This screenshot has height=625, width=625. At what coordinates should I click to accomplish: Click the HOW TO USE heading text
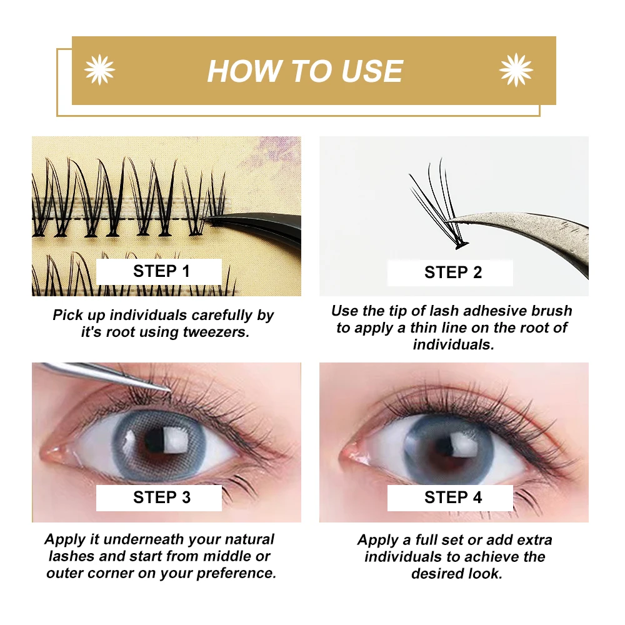(305, 71)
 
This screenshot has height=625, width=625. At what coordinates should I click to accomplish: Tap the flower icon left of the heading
(100, 69)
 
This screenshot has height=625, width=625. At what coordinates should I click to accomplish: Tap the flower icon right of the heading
(516, 69)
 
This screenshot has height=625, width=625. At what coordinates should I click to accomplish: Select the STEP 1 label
(161, 271)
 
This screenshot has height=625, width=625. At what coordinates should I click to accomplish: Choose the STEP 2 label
(453, 272)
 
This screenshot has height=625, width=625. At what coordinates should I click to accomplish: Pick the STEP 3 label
(161, 497)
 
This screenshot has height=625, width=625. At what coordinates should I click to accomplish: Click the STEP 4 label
(453, 497)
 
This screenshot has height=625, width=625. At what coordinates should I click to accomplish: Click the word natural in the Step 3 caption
(244, 539)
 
